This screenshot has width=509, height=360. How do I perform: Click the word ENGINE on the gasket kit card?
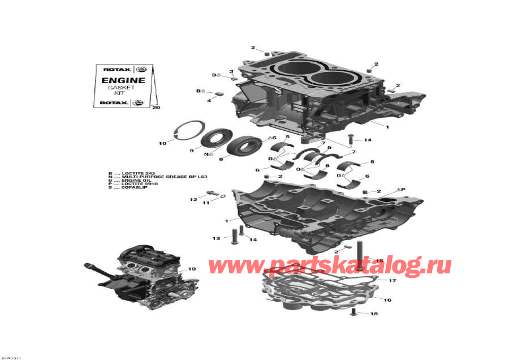tap(123, 80)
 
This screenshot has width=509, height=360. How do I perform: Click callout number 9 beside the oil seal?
tap(191, 151)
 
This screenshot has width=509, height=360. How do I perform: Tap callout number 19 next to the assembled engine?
tap(192, 269)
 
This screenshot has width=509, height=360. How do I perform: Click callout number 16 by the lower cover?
tap(387, 300)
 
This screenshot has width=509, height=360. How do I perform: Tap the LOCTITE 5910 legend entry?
tap(136, 183)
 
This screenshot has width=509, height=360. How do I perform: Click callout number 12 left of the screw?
tap(193, 199)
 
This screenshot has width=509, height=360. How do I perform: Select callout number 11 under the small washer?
tap(206, 203)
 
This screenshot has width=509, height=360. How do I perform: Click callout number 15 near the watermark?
tap(379, 261)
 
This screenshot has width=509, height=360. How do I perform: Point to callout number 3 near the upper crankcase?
tap(231, 71)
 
